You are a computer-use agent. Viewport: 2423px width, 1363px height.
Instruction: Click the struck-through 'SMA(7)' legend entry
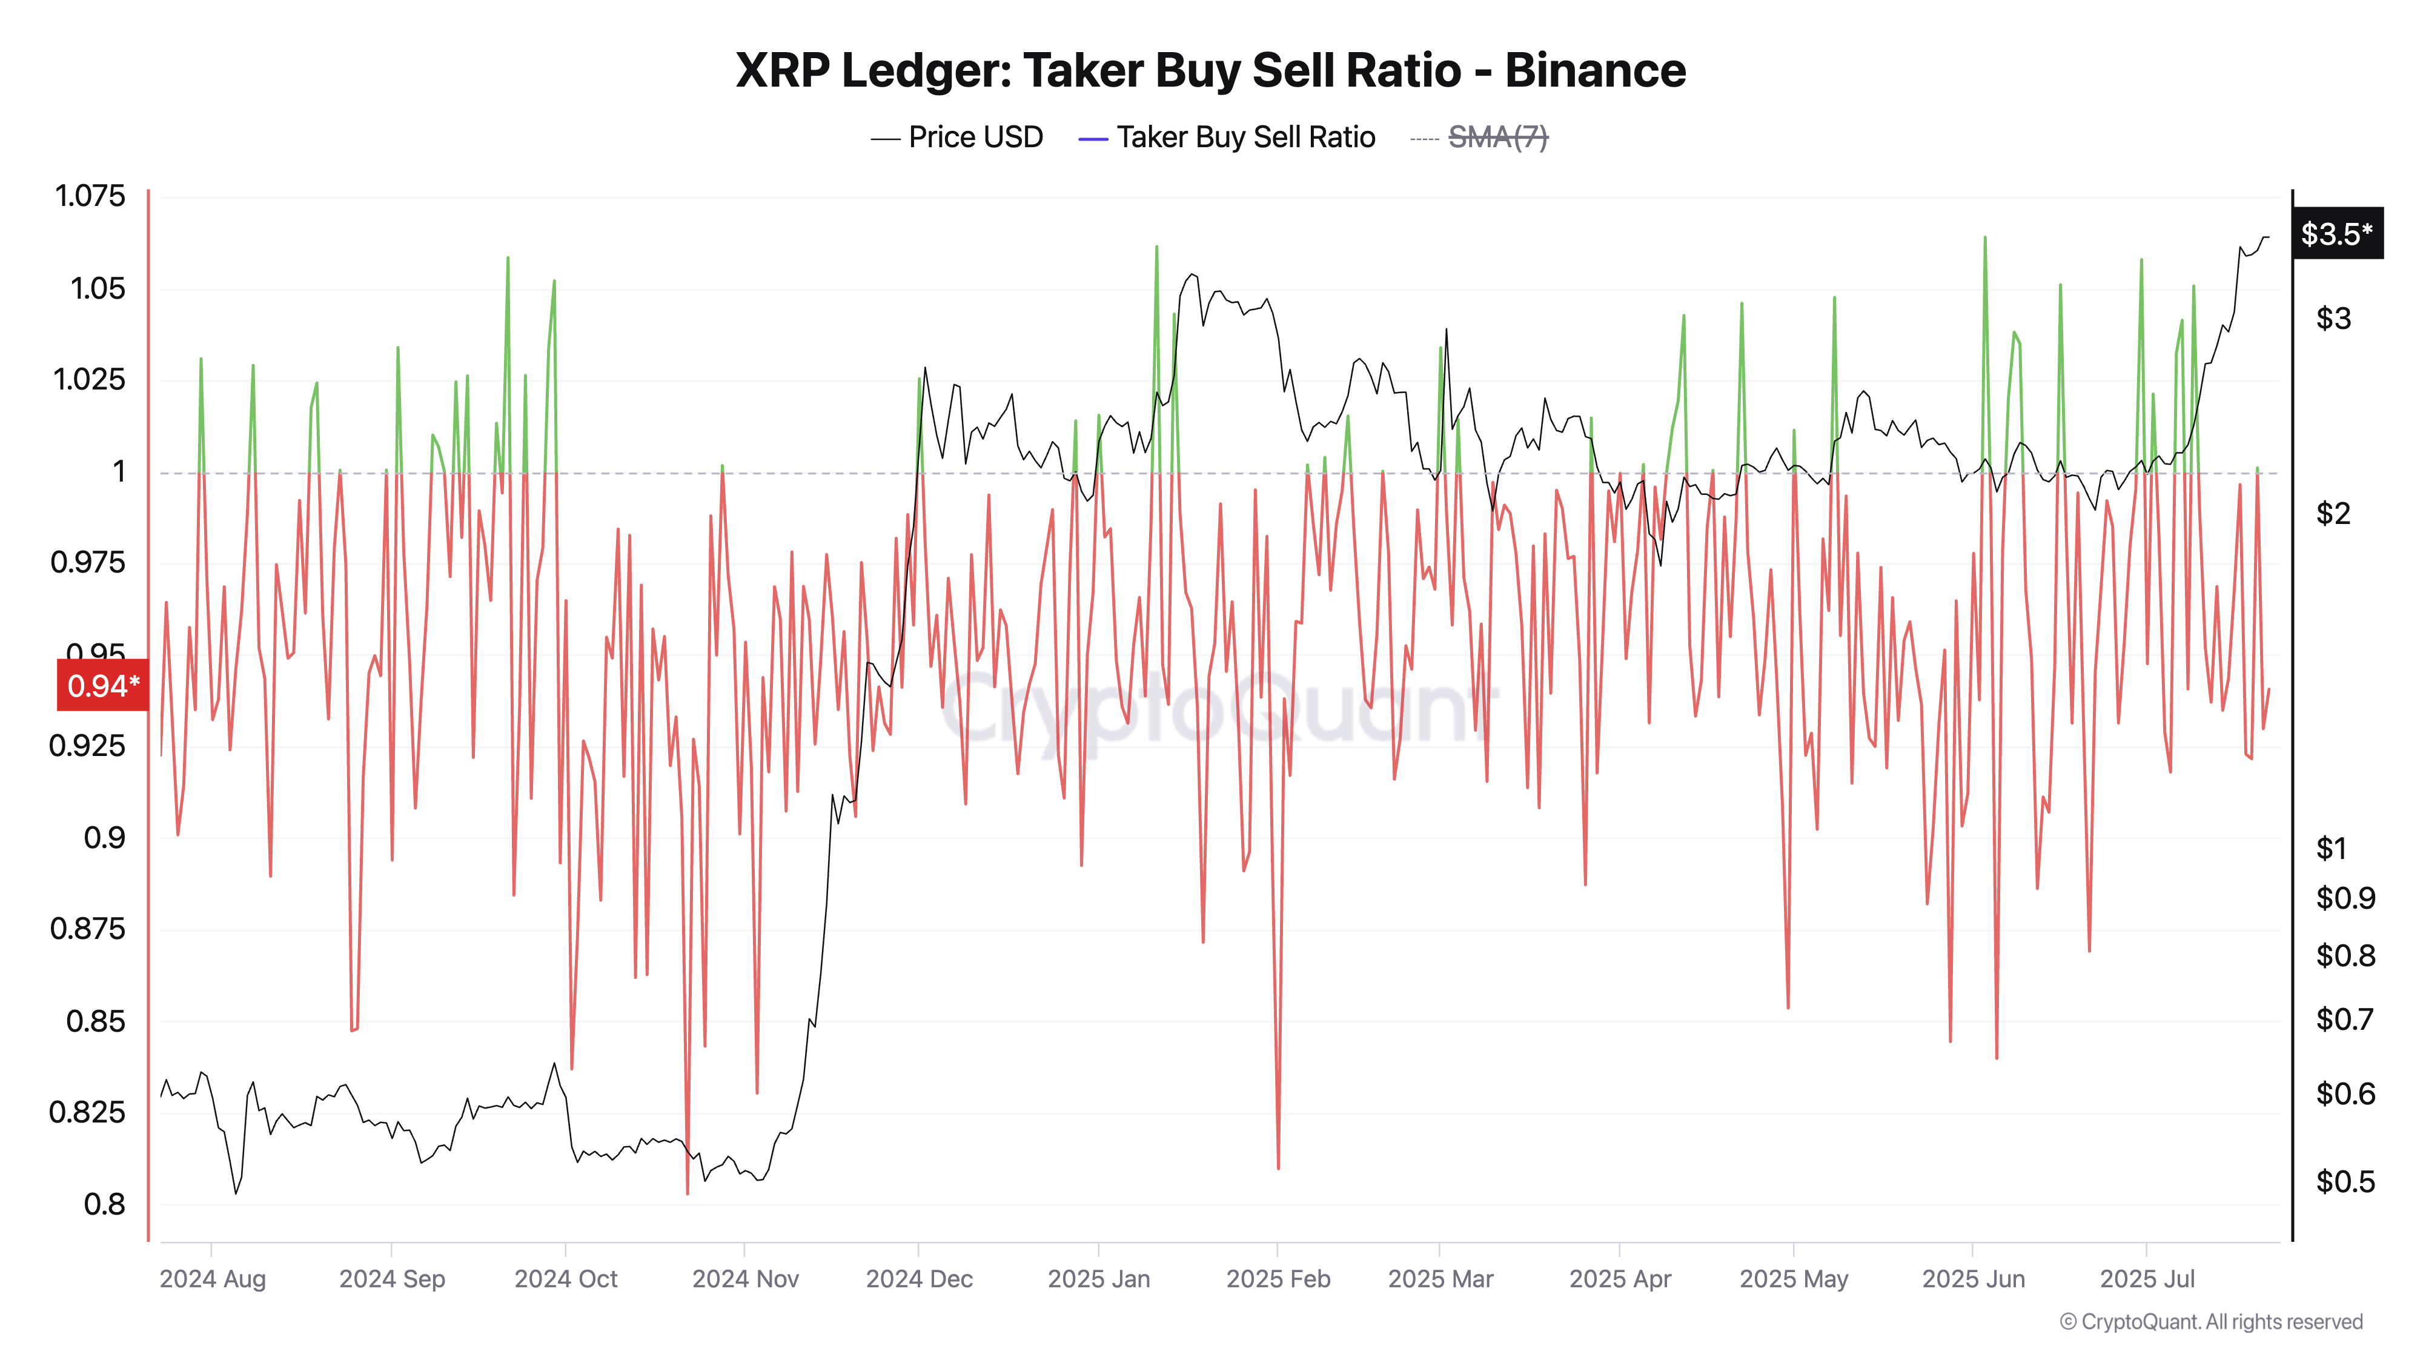tap(1497, 138)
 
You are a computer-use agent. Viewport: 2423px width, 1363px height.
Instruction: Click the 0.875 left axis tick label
tap(87, 929)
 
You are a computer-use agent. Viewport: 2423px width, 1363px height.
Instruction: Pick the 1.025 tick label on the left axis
tap(90, 379)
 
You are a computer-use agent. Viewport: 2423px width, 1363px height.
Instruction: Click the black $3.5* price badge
tap(2336, 233)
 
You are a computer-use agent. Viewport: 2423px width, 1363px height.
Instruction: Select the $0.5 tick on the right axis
tap(2345, 1181)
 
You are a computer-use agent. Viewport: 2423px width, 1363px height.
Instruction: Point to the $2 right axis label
tap(2333, 514)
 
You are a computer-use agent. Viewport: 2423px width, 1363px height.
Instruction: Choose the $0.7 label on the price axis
tap(2344, 1019)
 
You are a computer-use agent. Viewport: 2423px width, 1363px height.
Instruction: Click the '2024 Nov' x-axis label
tap(745, 1279)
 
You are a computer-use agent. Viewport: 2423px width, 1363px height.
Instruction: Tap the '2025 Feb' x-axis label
tap(1278, 1279)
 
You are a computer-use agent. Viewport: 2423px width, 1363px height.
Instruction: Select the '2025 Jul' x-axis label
tap(2146, 1279)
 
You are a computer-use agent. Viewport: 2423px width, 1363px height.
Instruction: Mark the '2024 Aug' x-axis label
tap(213, 1279)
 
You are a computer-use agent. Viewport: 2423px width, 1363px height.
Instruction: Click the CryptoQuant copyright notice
tap(2210, 1322)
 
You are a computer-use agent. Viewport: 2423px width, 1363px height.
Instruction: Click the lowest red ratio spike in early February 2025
tap(1278, 1166)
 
